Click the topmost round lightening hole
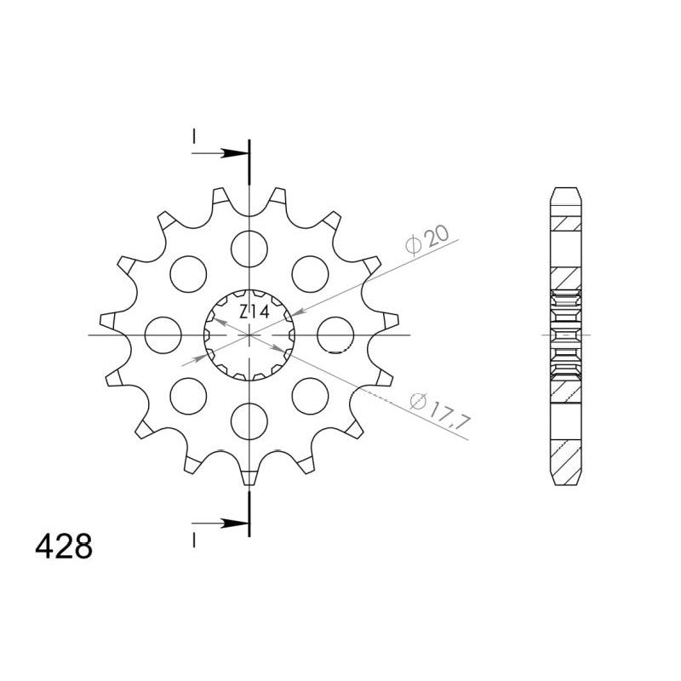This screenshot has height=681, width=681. [x=249, y=248]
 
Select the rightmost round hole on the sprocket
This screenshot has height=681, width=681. [x=335, y=335]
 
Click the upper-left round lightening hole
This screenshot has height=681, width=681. [x=188, y=273]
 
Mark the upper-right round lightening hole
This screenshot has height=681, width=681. [x=310, y=273]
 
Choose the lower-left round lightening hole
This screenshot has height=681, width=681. [x=188, y=396]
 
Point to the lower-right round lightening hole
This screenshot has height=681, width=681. [x=310, y=396]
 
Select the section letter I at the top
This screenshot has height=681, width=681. [x=195, y=135]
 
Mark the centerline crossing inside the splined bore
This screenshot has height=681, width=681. [x=249, y=335]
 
